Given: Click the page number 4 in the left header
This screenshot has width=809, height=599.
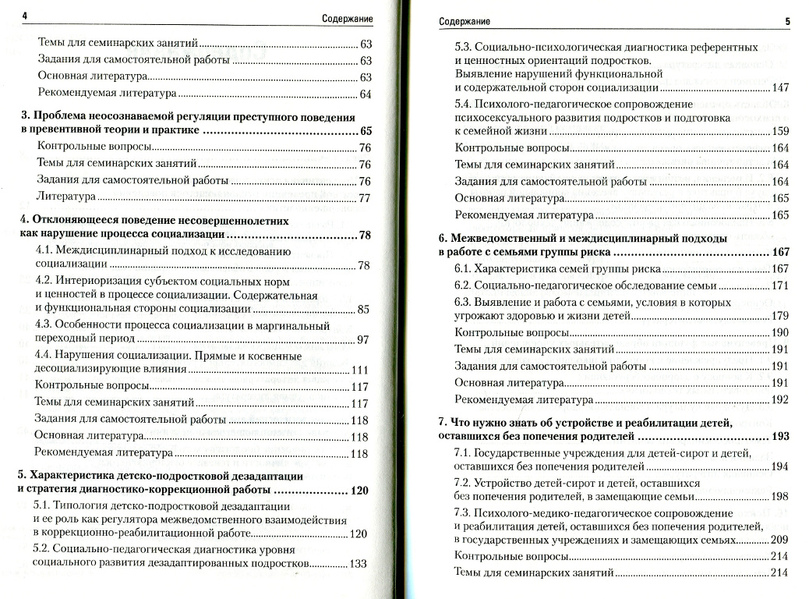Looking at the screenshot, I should click(25, 17).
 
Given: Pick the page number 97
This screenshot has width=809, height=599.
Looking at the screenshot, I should click(363, 339).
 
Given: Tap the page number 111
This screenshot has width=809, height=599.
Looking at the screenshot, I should click(360, 370).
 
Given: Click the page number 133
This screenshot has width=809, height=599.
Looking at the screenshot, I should click(359, 564).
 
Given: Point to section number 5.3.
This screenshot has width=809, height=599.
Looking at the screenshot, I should click(465, 45).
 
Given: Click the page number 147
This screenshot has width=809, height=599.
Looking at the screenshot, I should click(780, 87).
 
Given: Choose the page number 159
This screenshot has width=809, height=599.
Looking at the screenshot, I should click(780, 131).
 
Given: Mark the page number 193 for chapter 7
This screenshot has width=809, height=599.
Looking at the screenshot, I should click(780, 437).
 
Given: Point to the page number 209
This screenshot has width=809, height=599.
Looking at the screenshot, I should click(780, 541).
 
